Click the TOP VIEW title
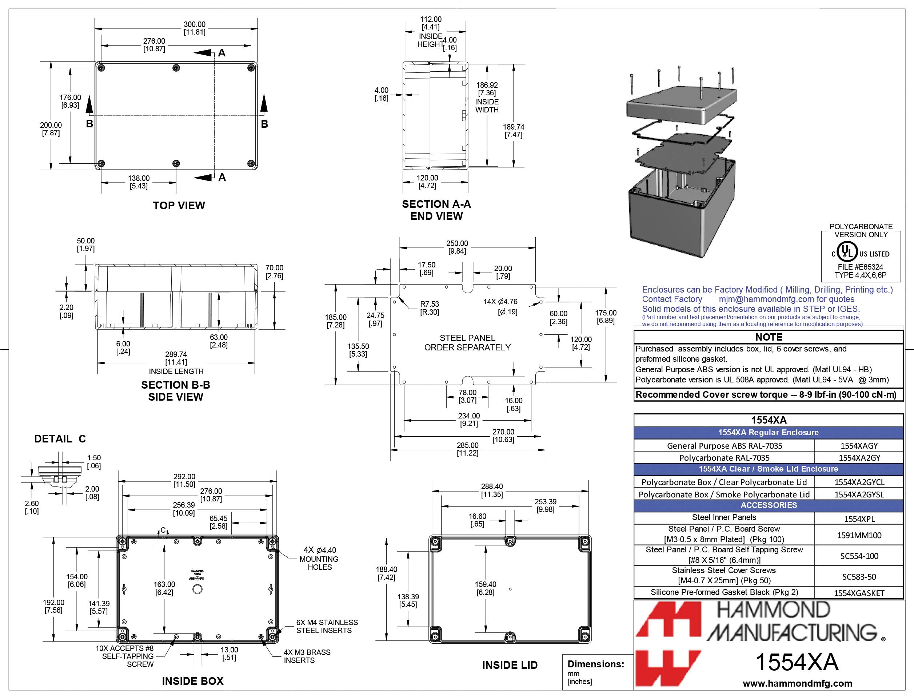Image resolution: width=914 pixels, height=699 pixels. (179, 206)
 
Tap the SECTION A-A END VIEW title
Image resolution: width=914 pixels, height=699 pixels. (436, 210)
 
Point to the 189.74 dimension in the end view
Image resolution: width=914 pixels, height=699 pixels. (514, 131)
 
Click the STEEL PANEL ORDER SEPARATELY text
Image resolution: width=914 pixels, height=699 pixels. (467, 343)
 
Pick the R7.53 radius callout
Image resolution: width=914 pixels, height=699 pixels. (430, 308)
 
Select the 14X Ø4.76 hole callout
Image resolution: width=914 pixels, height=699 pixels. (501, 306)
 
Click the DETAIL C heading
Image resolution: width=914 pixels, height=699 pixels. (60, 439)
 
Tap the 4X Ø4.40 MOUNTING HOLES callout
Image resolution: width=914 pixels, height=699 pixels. (319, 559)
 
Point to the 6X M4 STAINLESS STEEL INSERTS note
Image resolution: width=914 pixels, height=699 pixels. (327, 626)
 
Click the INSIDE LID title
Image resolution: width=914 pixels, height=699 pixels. (510, 665)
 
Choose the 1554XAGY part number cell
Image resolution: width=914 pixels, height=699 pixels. (859, 446)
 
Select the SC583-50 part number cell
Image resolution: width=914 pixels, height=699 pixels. (859, 577)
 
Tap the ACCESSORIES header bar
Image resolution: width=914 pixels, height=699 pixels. (769, 505)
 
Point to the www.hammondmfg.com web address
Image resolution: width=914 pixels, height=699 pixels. (798, 683)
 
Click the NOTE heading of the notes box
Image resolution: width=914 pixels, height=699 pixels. (769, 337)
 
